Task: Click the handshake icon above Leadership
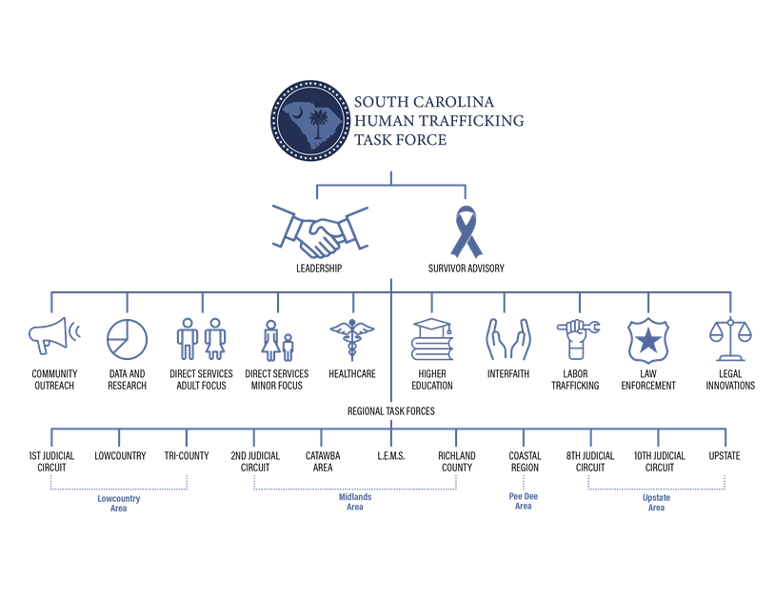pyautogui.click(x=320, y=231)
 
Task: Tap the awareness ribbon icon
pyautogui.click(x=467, y=231)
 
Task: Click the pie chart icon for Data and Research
pyautogui.click(x=127, y=339)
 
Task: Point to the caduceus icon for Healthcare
pyautogui.click(x=352, y=339)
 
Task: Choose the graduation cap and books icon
pyautogui.click(x=432, y=339)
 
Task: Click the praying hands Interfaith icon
pyautogui.click(x=508, y=339)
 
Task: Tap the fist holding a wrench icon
pyautogui.click(x=577, y=339)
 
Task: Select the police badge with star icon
pyautogui.click(x=648, y=341)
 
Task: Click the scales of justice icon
pyautogui.click(x=730, y=339)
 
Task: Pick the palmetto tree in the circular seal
pyautogui.click(x=319, y=122)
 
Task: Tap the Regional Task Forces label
pyautogui.click(x=391, y=411)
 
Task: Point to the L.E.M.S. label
pyautogui.click(x=391, y=455)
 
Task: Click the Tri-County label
pyautogui.click(x=187, y=455)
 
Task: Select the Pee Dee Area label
pyautogui.click(x=524, y=501)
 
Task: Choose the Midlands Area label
pyautogui.click(x=355, y=502)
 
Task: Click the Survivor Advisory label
pyautogui.click(x=467, y=269)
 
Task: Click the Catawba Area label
pyautogui.click(x=323, y=462)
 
